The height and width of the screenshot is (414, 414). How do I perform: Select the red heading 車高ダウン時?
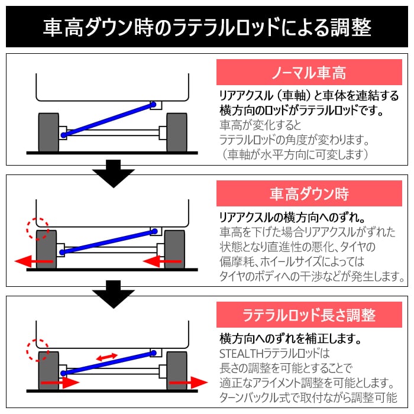pyautogui.click(x=309, y=193)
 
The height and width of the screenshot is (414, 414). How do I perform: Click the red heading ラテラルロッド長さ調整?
pyautogui.click(x=309, y=314)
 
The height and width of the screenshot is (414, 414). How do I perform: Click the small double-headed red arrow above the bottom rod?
pyautogui.click(x=107, y=357)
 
